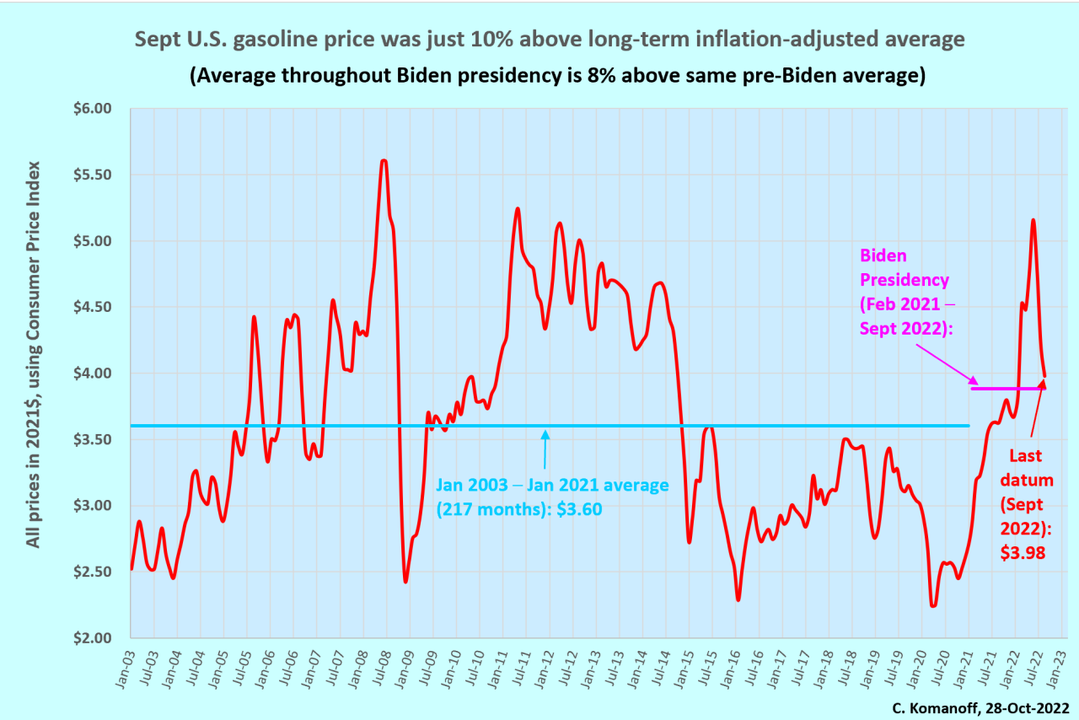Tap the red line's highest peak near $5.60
coord(384,160)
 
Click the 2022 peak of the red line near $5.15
coord(1033,220)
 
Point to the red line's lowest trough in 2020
coord(933,605)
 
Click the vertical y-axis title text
coord(33,354)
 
